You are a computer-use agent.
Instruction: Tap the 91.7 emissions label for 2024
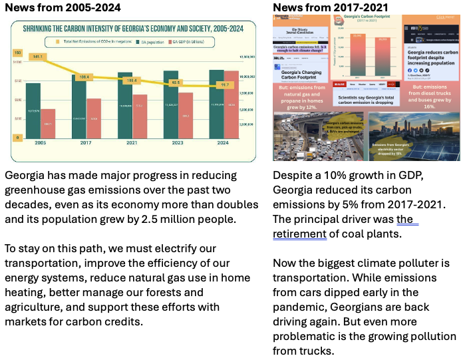coord(224,85)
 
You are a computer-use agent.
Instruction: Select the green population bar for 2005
coord(33,110)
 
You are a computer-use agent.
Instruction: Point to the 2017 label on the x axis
coord(86,143)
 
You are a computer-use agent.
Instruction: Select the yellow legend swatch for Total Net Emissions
coord(58,42)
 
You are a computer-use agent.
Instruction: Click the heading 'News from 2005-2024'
coord(63,8)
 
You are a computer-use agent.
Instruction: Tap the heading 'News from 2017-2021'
coord(331,8)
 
